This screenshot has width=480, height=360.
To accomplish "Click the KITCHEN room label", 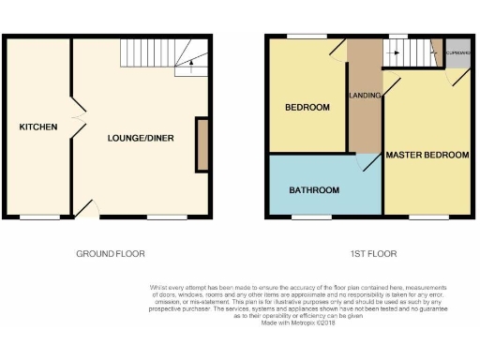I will click(38, 127).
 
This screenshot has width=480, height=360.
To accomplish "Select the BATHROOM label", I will click(313, 190).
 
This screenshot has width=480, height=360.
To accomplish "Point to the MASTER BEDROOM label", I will click(427, 154).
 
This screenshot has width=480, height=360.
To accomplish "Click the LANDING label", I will click(364, 97).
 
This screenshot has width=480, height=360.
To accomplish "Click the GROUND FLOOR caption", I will click(111, 254).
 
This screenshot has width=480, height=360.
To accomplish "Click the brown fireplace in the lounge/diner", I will click(202, 144).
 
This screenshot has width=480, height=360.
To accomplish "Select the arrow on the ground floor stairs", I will click(191, 66).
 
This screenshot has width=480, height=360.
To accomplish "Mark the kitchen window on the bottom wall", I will click(38, 217).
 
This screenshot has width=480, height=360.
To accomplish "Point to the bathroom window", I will click(305, 217).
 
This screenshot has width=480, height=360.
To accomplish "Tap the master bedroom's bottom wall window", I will click(434, 217).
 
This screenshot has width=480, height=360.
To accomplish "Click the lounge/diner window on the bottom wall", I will click(166, 217).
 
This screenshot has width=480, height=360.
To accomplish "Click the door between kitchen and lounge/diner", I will click(77, 123).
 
